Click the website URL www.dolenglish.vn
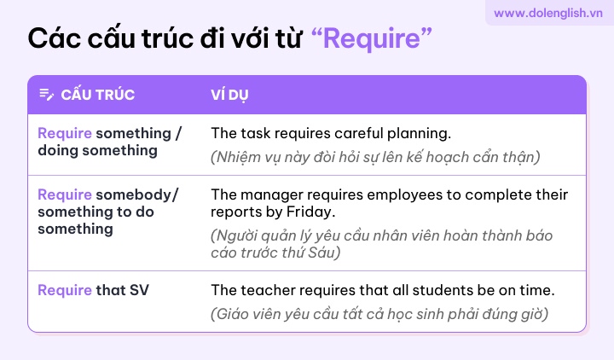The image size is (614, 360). (547, 14)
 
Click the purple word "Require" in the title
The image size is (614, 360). (372, 38)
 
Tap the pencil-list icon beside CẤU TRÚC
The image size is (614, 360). (47, 95)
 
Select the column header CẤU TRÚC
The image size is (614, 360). (97, 95)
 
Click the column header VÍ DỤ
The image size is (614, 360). (229, 96)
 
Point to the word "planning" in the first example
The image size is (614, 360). (419, 134)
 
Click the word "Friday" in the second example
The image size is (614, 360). (310, 212)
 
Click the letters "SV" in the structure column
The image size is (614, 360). (139, 290)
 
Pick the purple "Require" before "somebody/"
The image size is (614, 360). (65, 195)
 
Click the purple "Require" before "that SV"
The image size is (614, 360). (65, 290)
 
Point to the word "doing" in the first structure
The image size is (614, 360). (58, 151)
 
